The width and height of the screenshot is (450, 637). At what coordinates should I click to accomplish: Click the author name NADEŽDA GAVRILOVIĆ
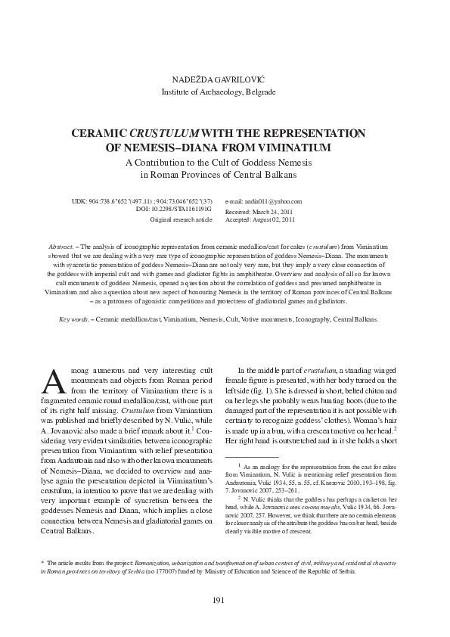(225, 79)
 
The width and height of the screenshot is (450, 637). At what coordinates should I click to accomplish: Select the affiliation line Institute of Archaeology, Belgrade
(225, 92)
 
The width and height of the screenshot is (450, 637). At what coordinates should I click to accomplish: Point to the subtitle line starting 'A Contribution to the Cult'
(225, 163)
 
